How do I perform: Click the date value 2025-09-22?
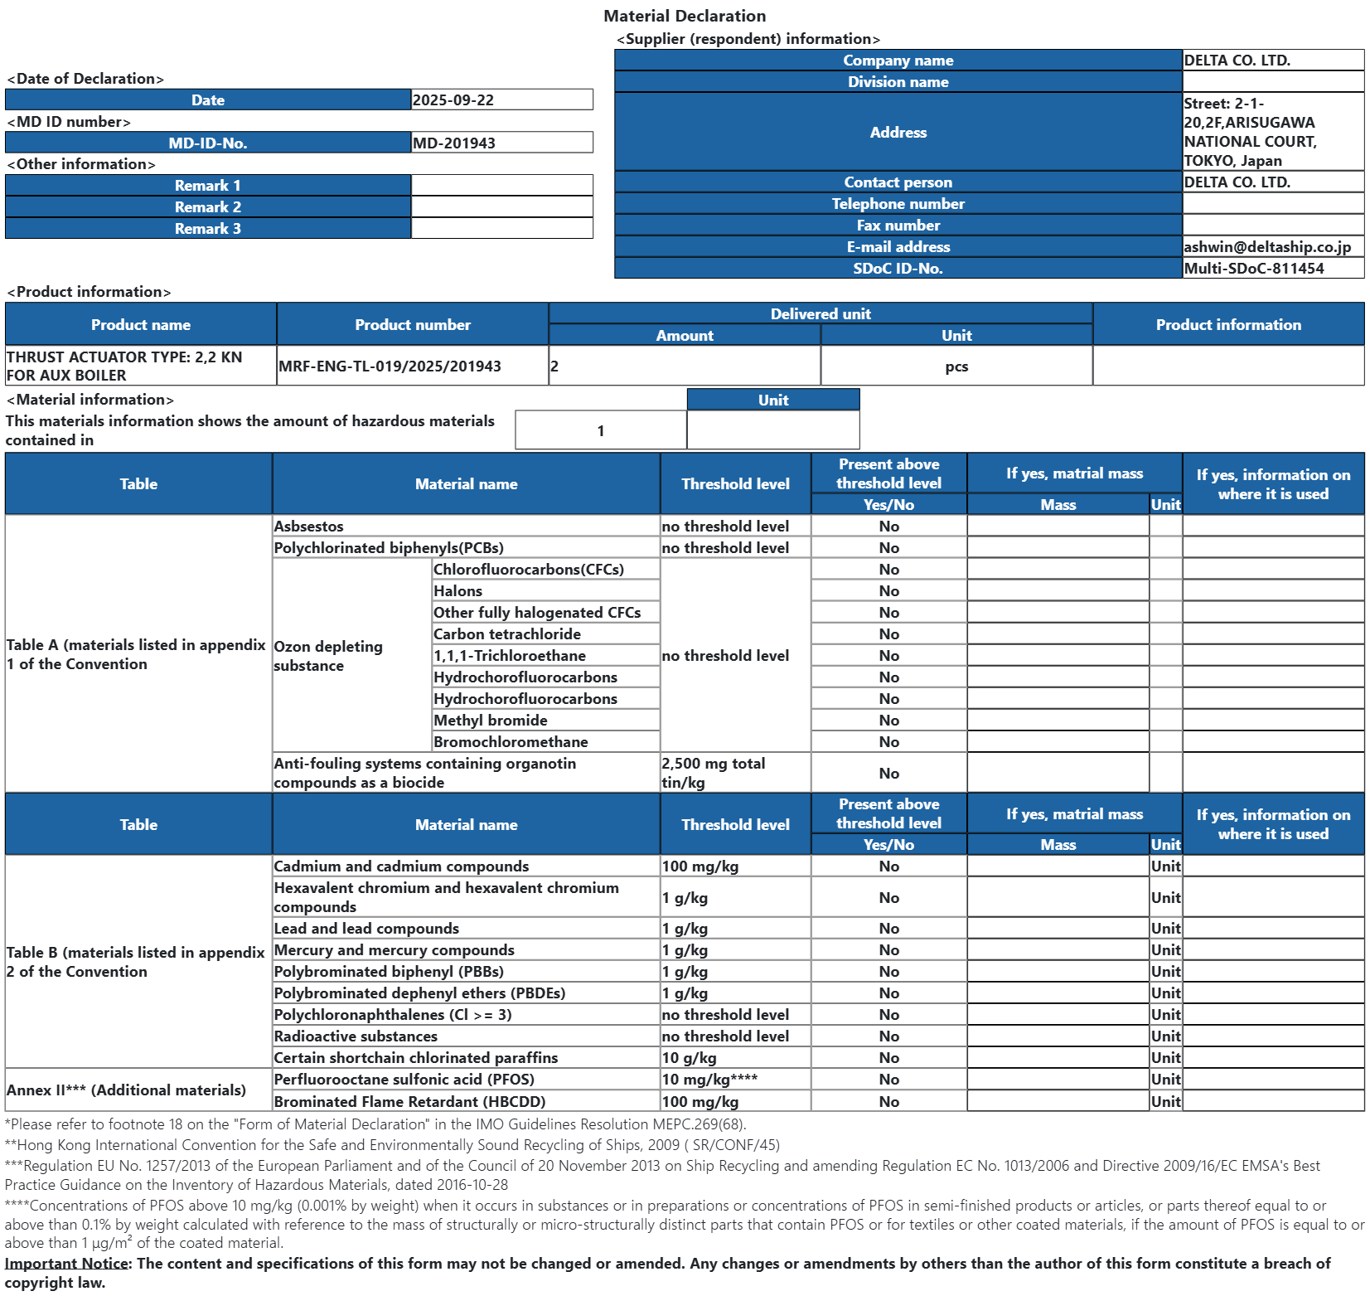(x=453, y=100)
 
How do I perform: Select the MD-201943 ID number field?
(x=454, y=143)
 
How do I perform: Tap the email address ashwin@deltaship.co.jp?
(x=1267, y=247)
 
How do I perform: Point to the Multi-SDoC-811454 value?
(x=1254, y=269)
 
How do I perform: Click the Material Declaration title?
(x=685, y=16)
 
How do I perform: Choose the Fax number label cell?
(x=898, y=226)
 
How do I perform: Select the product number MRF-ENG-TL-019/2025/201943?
(x=390, y=366)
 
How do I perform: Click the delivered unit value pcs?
(x=956, y=366)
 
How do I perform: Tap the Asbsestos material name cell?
(x=309, y=527)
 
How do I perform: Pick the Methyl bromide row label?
(x=491, y=721)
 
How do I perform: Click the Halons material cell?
(x=458, y=591)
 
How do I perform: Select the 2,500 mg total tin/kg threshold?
(x=714, y=773)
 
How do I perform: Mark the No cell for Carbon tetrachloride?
(x=888, y=634)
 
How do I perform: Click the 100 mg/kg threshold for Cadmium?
(x=700, y=866)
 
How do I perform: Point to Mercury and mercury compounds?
(x=395, y=950)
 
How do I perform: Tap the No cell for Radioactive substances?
(x=888, y=1036)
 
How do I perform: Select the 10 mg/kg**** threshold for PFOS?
(x=709, y=1080)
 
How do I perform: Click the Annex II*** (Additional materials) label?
(x=126, y=1090)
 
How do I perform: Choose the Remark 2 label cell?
(x=208, y=207)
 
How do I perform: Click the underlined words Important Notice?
(x=67, y=1264)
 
